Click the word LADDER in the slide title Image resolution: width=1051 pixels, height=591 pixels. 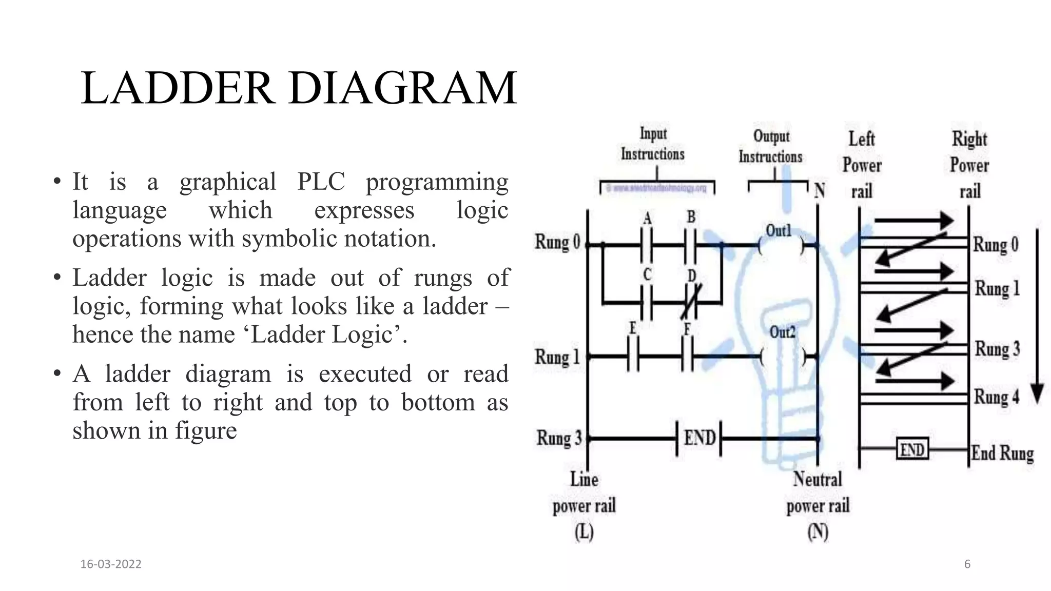coord(177,88)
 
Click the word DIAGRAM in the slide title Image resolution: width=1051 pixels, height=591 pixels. coord(403,88)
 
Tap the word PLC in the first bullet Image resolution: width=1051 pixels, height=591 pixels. coord(321,182)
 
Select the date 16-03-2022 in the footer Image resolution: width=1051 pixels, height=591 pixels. coord(111,564)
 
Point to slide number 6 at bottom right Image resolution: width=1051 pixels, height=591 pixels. coord(967,564)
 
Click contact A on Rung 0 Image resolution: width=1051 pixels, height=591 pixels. coord(647,245)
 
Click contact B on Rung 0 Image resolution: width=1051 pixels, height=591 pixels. coord(691,245)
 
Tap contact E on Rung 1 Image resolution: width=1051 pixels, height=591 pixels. coord(633,356)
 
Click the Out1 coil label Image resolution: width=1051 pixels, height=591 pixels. coord(778,231)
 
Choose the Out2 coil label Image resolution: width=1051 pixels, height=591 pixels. coord(782,332)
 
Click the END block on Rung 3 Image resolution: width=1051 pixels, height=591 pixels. coord(699,438)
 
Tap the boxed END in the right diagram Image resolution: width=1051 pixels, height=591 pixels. coord(912,450)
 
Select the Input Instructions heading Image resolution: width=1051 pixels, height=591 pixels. coord(653,144)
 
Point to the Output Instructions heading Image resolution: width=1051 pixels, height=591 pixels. coord(770,147)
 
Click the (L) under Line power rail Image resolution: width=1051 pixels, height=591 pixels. coord(584,532)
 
